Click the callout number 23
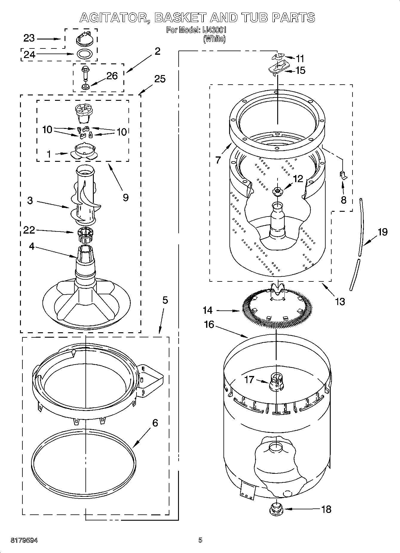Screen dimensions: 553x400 coord(29,38)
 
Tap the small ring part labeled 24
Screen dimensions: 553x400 coord(84,54)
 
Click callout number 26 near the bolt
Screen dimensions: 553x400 coord(112,76)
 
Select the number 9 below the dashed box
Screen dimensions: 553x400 coord(126,197)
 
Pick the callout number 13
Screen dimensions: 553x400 coord(340,301)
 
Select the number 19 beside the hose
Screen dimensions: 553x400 coord(382,232)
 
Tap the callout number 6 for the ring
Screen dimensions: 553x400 coord(155,423)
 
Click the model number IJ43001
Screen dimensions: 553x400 coord(214,30)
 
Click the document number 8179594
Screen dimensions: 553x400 coord(24,540)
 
